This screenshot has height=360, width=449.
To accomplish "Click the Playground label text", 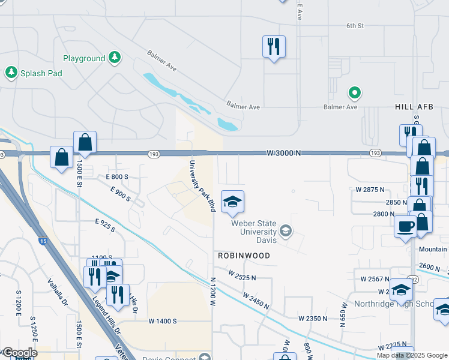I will pyautogui.click(x=84, y=59).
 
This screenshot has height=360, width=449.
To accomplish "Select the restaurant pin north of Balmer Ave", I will pyautogui.click(x=274, y=46).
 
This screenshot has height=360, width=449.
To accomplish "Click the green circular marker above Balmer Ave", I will pyautogui.click(x=355, y=93).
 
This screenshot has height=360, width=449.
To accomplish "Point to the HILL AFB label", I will pyautogui.click(x=414, y=107).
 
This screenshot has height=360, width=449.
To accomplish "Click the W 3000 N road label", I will pyautogui.click(x=284, y=154).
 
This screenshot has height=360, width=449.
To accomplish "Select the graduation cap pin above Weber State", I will pyautogui.click(x=232, y=202).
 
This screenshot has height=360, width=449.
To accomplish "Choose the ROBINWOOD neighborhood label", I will pyautogui.click(x=244, y=256).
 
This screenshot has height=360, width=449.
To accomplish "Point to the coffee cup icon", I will pyautogui.click(x=405, y=227).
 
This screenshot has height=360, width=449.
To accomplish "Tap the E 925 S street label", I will pyautogui.click(x=105, y=226).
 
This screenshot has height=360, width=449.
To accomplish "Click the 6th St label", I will pyautogui.click(x=355, y=26).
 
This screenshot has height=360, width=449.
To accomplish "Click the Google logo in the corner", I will pyautogui.click(x=19, y=353).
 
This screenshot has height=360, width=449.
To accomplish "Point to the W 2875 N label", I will pyautogui.click(x=369, y=190).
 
